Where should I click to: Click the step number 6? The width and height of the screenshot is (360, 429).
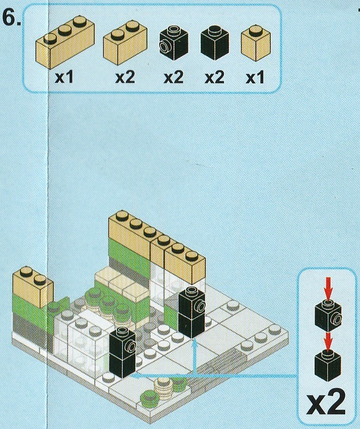click(11, 19)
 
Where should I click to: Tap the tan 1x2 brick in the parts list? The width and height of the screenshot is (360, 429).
click(125, 42)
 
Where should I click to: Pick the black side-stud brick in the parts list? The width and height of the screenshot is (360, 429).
click(174, 43)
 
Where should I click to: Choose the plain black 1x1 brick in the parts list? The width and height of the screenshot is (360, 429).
click(215, 43)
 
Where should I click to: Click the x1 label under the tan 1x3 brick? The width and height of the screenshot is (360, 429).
click(64, 77)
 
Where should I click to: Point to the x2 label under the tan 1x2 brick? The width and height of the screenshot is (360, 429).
click(125, 77)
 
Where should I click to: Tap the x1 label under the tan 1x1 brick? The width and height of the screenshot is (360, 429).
click(255, 77)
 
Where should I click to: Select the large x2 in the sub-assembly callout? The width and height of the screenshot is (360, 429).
click(326, 403)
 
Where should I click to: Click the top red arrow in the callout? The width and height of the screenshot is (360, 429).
click(328, 288)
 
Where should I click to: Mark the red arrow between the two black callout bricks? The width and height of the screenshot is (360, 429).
click(328, 341)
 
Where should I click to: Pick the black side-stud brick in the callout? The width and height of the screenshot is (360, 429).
click(328, 315)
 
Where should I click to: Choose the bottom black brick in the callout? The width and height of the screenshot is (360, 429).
click(328, 365)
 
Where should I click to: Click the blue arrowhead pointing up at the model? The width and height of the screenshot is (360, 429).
click(194, 344)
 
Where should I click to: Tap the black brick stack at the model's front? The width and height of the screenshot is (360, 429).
click(123, 352)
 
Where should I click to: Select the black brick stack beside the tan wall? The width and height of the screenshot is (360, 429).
click(191, 312)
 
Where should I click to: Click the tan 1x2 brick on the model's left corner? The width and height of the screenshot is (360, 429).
click(33, 287)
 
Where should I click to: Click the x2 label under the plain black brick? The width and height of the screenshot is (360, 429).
click(215, 77)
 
